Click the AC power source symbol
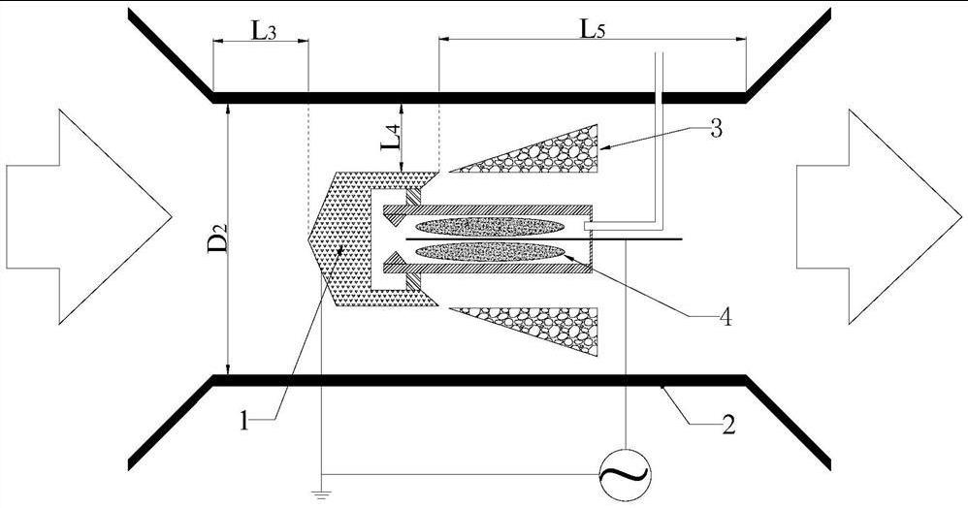(627, 472)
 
